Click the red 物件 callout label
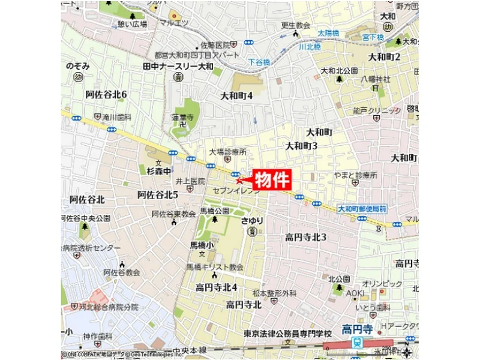pyautogui.click(x=274, y=179)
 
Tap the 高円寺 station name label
pyautogui.click(x=358, y=329)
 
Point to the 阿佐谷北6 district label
pyautogui.click(x=106, y=95)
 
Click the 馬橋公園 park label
pyautogui.click(x=215, y=211)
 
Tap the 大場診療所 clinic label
pyautogui.click(x=229, y=152)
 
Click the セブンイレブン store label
pyautogui.click(x=236, y=190)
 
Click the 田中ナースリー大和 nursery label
pyautogui.click(x=178, y=66)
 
